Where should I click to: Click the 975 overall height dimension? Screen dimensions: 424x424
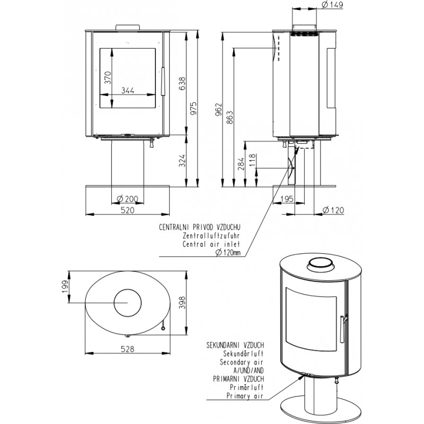194,108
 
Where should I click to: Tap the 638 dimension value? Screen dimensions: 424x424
182,84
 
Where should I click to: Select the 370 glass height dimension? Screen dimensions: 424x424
108,77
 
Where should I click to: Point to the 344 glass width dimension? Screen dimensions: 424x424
127,90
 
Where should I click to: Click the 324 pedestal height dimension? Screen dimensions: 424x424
182,161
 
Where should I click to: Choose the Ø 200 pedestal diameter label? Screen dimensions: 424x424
127,199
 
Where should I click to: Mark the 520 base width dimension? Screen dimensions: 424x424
127,210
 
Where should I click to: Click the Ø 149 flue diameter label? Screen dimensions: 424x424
333,5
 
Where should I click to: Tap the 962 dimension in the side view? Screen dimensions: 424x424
218,110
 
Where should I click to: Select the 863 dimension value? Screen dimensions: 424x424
229,118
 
